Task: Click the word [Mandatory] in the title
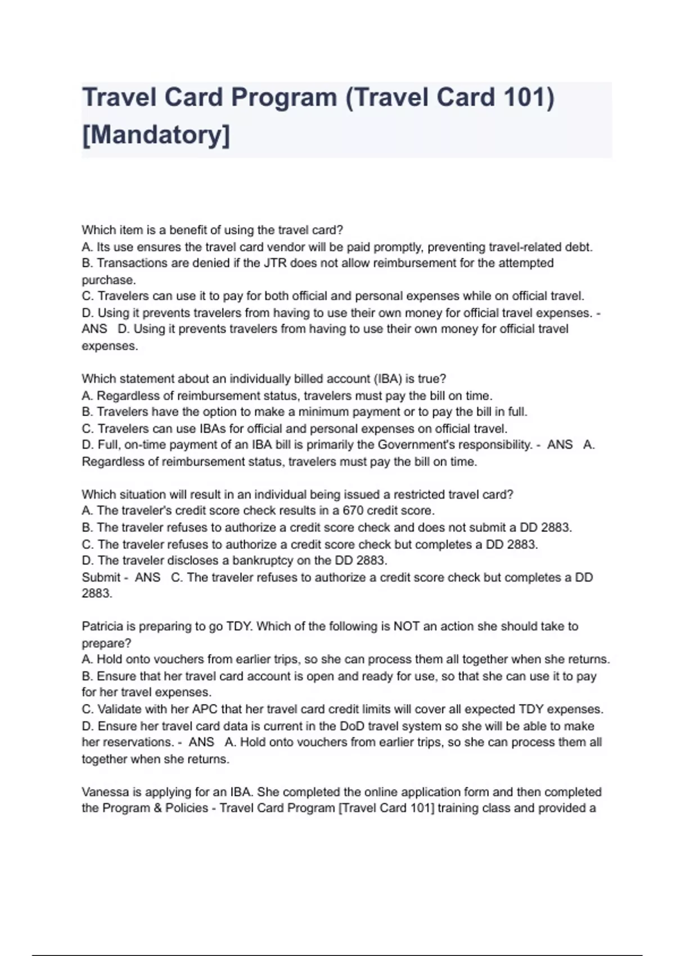point(156,135)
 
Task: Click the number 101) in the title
point(528,97)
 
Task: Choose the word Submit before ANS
point(101,577)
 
